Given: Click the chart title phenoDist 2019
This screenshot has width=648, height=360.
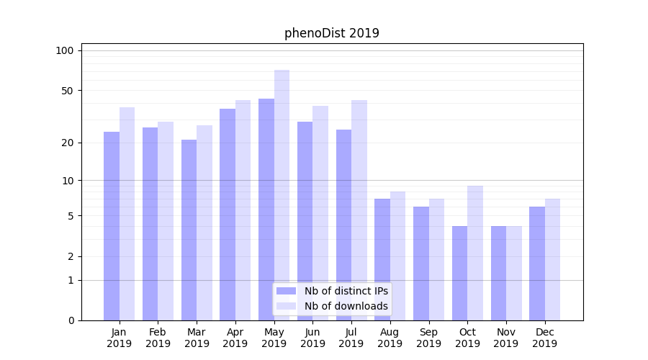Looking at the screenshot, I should click(x=331, y=33).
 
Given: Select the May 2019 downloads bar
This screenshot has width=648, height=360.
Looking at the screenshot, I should click(x=282, y=194).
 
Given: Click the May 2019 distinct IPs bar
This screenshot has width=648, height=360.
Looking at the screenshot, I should click(x=266, y=209).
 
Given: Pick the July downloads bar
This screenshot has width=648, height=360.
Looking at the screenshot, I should click(x=359, y=210).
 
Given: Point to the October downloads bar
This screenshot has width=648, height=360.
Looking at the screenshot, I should click(x=475, y=253).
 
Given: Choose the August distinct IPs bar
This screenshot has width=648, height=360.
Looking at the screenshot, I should click(x=382, y=259).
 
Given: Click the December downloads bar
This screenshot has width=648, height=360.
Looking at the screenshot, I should click(x=552, y=259).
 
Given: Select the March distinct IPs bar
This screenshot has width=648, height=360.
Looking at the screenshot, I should click(x=189, y=230).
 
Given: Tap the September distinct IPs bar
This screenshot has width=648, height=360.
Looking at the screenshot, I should click(x=421, y=263).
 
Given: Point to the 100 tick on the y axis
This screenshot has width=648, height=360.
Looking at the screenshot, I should click(x=65, y=50).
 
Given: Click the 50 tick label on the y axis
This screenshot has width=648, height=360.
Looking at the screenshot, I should click(x=67, y=91).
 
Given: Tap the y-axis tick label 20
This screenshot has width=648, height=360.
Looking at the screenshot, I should click(x=67, y=143).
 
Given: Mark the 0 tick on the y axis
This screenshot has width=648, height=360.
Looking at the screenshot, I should click(x=71, y=320).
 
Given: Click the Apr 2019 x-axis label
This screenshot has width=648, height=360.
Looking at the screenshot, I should click(x=235, y=338).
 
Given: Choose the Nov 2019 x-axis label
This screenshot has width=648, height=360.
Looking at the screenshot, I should click(x=506, y=338).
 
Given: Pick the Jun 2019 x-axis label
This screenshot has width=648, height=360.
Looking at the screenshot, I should click(x=312, y=338).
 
